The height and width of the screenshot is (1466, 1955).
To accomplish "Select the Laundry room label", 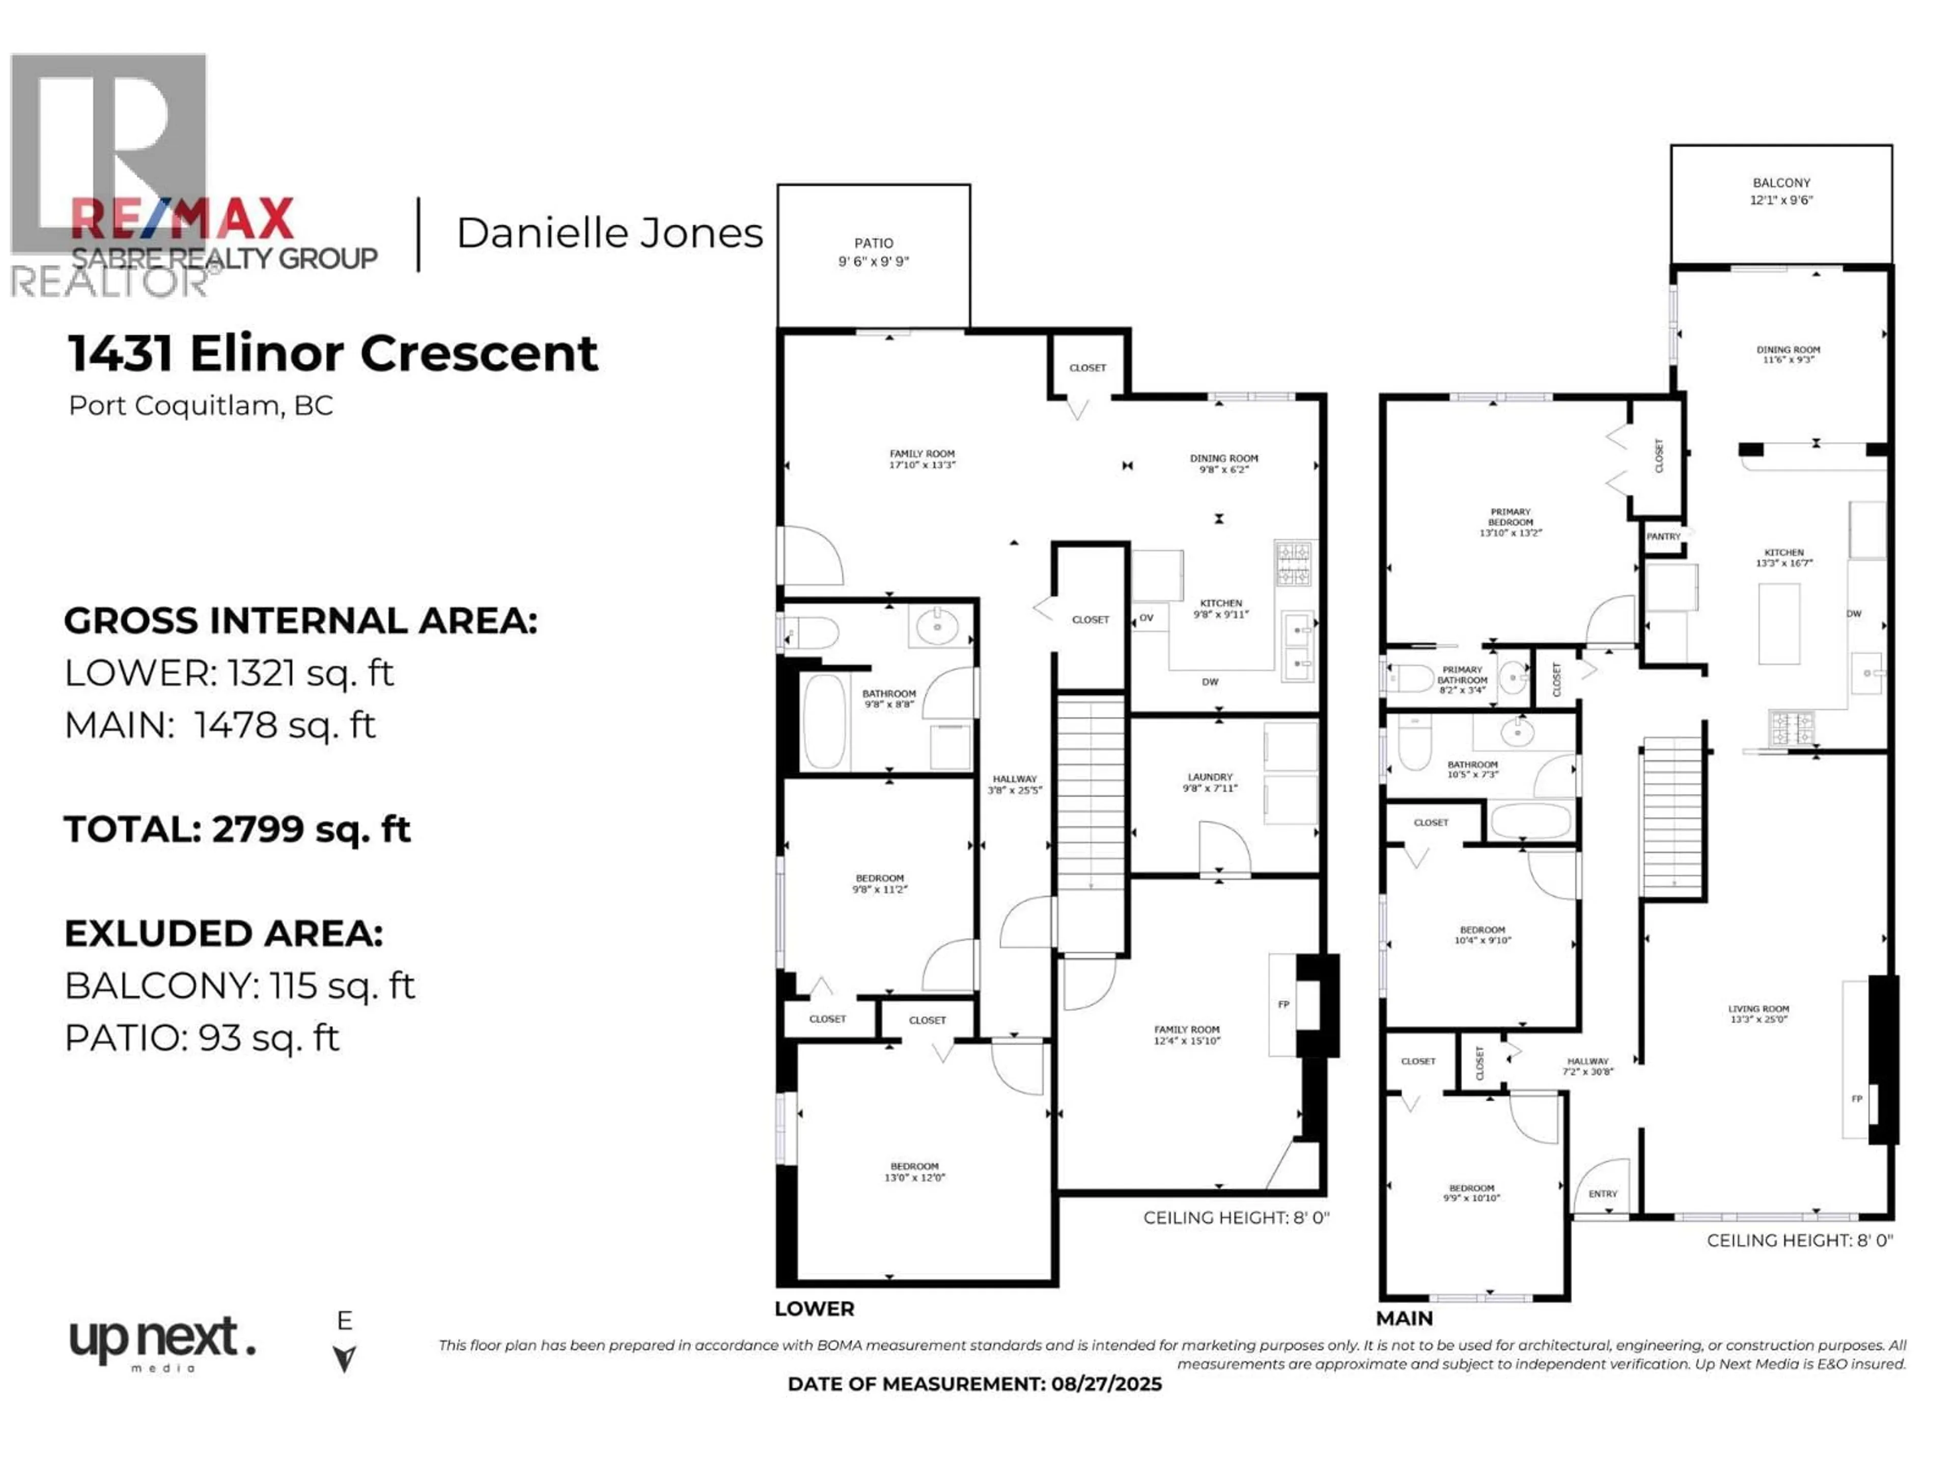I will [1209, 781].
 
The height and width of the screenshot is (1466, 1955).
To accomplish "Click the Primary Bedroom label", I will [1511, 521].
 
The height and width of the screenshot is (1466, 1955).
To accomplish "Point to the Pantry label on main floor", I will [1662, 537].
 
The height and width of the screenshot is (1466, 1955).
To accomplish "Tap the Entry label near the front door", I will [1602, 1194].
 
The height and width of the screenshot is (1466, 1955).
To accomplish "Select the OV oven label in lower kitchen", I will [1147, 617].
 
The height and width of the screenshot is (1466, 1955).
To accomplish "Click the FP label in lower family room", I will [1283, 1005].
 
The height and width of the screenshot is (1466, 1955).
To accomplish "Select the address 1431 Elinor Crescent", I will [333, 353].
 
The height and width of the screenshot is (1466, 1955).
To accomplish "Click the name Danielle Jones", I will [609, 233].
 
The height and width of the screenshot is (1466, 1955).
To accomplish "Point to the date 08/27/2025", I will [1106, 1384].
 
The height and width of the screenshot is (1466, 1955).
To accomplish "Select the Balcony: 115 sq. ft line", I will [239, 985].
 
